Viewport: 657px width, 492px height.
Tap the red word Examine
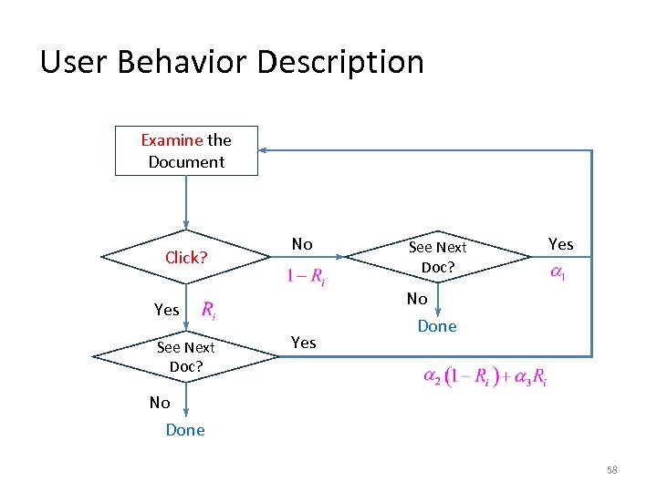[x=172, y=139]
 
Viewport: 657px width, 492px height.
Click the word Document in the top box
[x=186, y=162]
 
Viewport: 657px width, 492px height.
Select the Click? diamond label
[x=186, y=258]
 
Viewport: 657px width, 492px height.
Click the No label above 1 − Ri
[x=302, y=244]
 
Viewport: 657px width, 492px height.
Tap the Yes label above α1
[x=560, y=244]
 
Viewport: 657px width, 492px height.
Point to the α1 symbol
[x=556, y=273]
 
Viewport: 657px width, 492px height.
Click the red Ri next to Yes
[x=208, y=310]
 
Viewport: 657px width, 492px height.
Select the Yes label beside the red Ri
[x=167, y=310]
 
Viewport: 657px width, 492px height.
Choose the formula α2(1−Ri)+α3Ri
[x=485, y=376]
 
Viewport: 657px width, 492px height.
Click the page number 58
[x=612, y=469]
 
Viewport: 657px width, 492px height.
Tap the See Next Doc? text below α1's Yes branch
[x=437, y=257]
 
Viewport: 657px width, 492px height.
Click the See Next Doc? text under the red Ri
[x=186, y=356]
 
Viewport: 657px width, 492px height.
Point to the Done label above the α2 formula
[x=437, y=326]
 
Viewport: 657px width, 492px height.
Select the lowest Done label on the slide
[x=185, y=430]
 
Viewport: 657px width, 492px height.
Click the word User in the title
[x=72, y=62]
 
